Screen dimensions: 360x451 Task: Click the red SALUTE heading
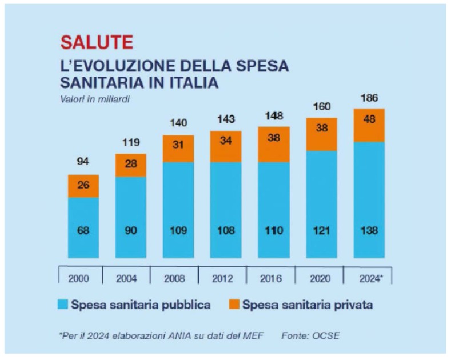point(97,42)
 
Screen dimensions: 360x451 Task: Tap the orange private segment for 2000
point(83,186)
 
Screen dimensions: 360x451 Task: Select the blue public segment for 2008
point(178,210)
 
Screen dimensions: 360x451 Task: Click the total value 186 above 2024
point(369,98)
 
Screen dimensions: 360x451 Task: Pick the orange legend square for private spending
point(233,305)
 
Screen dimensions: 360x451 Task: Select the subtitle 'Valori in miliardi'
point(95,99)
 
